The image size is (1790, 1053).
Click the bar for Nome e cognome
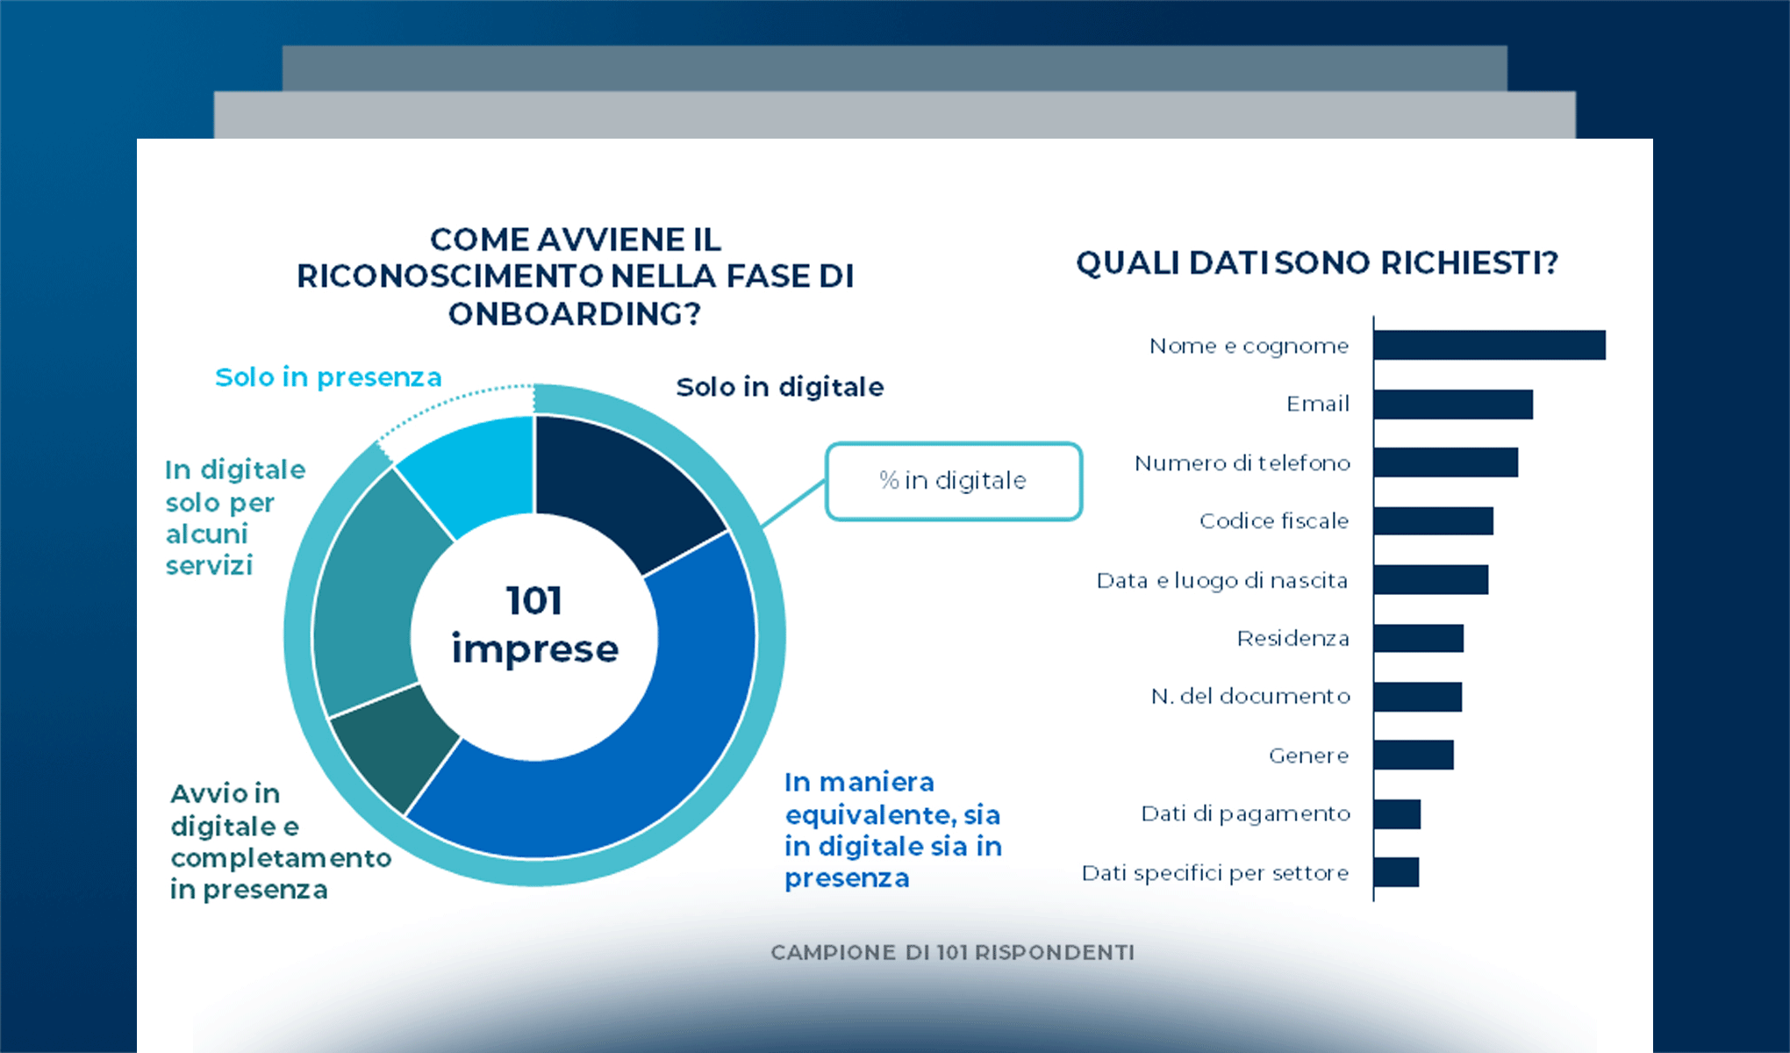click(1489, 345)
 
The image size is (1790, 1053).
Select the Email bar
click(1453, 404)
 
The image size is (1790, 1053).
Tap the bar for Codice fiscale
click(1433, 520)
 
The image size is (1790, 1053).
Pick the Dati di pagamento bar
click(1397, 813)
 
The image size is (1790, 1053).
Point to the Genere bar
click(1414, 755)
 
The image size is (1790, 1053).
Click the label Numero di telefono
click(1242, 462)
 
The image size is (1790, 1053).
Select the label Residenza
click(1292, 638)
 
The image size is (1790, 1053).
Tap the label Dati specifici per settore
click(1214, 872)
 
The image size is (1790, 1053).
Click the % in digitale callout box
click(953, 481)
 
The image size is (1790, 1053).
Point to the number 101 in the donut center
click(533, 601)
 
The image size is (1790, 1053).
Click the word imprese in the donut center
click(534, 648)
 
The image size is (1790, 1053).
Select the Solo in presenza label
click(328, 377)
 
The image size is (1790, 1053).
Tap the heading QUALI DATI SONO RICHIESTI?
click(1316, 262)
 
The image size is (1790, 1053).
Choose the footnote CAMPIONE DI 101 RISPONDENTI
click(952, 952)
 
